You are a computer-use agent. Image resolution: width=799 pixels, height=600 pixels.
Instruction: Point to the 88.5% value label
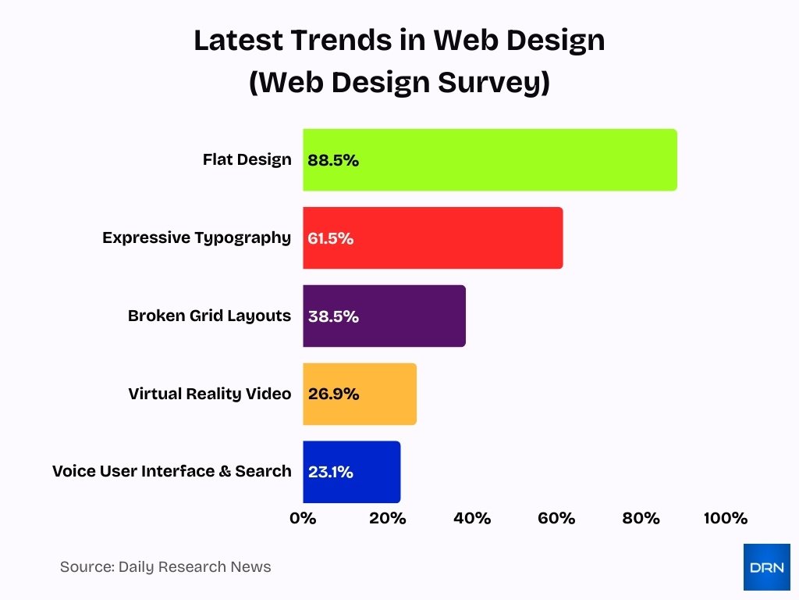point(333,160)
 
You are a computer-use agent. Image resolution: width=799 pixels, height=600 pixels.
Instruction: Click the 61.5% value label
point(331,238)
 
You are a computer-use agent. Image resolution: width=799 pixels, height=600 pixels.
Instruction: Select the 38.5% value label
point(333,316)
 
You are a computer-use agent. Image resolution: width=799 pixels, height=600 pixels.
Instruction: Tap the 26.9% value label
point(333,394)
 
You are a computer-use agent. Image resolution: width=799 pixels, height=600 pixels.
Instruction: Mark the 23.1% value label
point(331,472)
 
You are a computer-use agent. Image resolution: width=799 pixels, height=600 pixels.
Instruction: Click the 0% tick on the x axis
point(303,519)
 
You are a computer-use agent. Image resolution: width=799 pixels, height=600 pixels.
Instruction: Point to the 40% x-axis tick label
point(472,519)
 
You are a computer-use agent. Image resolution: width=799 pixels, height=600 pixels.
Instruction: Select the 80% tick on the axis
point(641,519)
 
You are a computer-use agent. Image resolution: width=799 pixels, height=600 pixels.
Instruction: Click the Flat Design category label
point(247,159)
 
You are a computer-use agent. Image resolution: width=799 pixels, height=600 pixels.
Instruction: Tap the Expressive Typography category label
point(197,237)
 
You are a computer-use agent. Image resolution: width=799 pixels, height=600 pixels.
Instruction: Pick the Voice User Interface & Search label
point(172,471)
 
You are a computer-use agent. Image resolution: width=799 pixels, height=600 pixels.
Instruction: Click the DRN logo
point(766,567)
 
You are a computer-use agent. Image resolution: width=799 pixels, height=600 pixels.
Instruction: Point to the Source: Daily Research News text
point(165,567)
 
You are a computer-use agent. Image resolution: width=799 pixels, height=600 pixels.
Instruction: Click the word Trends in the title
point(333,41)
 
